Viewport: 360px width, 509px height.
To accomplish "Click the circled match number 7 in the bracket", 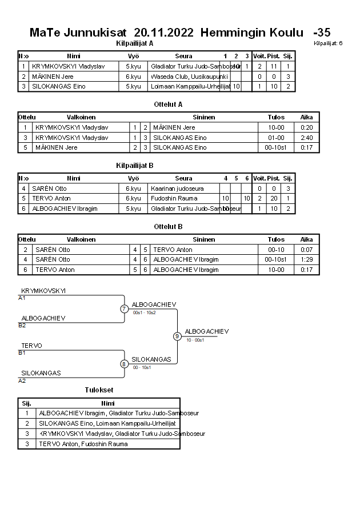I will pyautogui.click(x=124, y=309).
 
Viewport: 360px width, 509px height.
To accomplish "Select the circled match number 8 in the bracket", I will pyautogui.click(x=124, y=364).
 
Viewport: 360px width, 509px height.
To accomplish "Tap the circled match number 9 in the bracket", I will pyautogui.click(x=177, y=336).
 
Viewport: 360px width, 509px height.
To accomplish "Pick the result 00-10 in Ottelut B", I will pyautogui.click(x=276, y=250).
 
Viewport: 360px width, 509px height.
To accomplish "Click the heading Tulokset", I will pyautogui.click(x=99, y=390).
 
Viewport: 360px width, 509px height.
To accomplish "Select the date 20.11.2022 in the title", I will pyautogui.click(x=163, y=32).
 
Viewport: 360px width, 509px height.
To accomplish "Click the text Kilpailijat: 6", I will pyautogui.click(x=328, y=43).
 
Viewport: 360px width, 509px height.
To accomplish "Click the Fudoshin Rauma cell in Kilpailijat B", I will pyautogui.click(x=174, y=198).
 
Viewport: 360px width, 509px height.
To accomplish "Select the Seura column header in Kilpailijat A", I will pyautogui.click(x=183, y=56).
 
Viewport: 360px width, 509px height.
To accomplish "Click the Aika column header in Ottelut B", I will pyautogui.click(x=307, y=240).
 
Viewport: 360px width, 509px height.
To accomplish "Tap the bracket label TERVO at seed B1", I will pyautogui.click(x=31, y=346).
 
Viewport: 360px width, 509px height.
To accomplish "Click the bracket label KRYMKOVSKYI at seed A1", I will pyautogui.click(x=43, y=291).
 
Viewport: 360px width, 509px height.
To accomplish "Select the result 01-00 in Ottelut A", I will pyautogui.click(x=276, y=138).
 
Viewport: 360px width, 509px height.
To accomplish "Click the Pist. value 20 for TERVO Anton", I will pyautogui.click(x=273, y=198).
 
